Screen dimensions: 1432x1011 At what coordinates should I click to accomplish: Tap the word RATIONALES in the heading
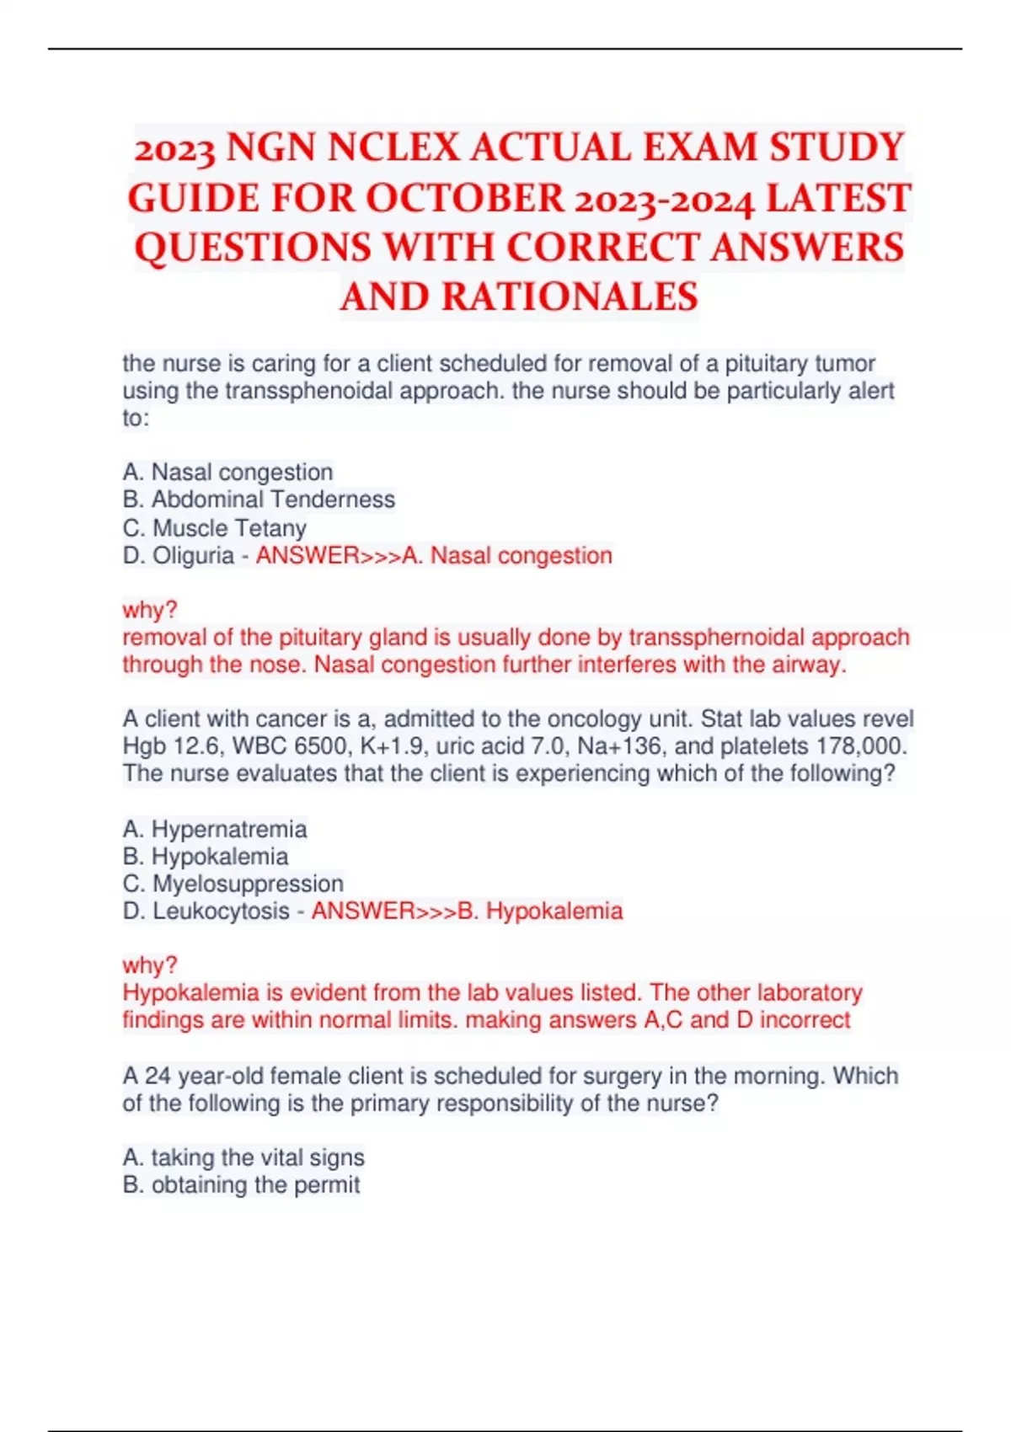pos(570,297)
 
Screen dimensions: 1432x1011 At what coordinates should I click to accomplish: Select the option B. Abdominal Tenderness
pos(259,500)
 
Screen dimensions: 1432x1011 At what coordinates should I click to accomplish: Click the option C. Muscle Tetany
pos(214,528)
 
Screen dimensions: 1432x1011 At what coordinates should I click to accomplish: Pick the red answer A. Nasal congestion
pos(507,556)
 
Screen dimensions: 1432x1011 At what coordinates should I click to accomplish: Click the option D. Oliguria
pos(178,556)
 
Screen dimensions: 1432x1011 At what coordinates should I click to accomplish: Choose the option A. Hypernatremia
pos(214,829)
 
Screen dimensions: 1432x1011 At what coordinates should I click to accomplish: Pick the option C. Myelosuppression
pos(233,884)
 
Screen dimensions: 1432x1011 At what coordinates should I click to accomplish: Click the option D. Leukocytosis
pos(206,911)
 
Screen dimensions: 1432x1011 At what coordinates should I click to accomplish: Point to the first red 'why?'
pos(150,609)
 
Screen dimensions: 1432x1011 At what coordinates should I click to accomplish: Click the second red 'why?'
pos(150,964)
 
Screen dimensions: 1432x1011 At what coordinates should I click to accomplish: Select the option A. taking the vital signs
pos(243,1157)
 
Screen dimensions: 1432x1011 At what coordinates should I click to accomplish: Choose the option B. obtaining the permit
pos(241,1185)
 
